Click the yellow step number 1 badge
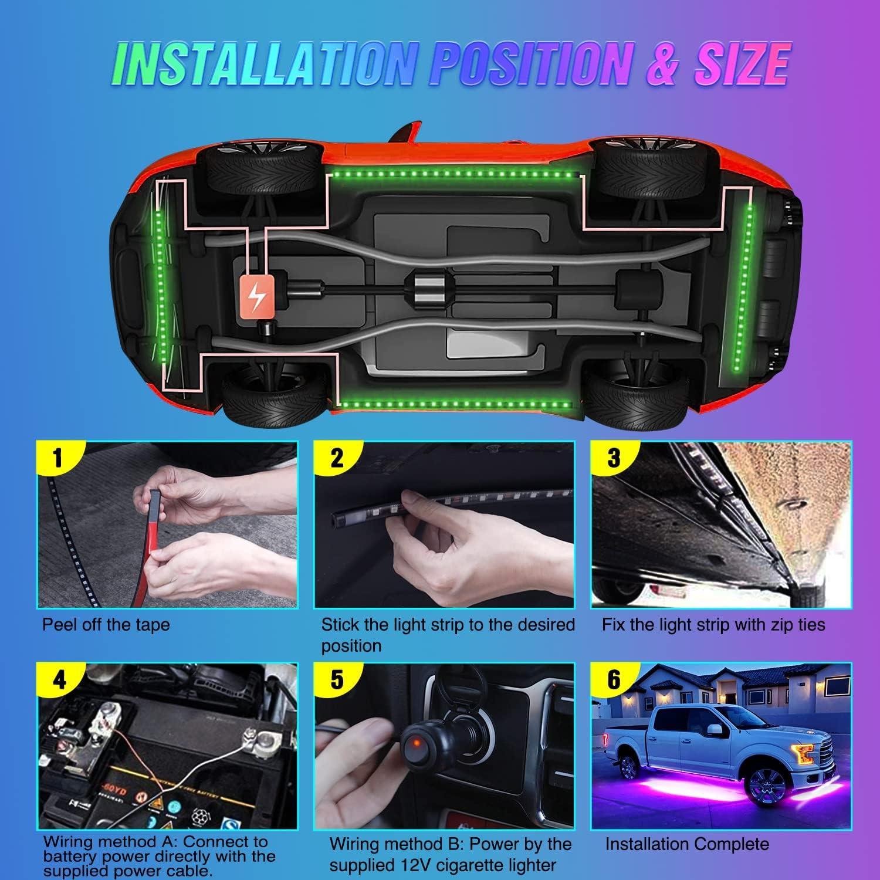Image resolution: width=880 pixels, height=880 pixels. tap(57, 458)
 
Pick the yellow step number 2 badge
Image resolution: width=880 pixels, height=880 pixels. tap(336, 458)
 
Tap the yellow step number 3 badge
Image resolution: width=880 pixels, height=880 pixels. tap(613, 458)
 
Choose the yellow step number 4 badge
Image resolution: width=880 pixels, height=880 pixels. tap(59, 679)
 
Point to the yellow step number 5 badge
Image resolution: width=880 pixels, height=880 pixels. tap(337, 679)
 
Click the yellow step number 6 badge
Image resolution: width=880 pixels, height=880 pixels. tap(614, 679)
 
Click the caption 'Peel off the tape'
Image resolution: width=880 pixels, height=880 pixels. tap(106, 624)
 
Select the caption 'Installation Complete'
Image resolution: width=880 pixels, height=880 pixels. tap(686, 844)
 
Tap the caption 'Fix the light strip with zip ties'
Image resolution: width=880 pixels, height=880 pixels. tap(713, 624)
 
